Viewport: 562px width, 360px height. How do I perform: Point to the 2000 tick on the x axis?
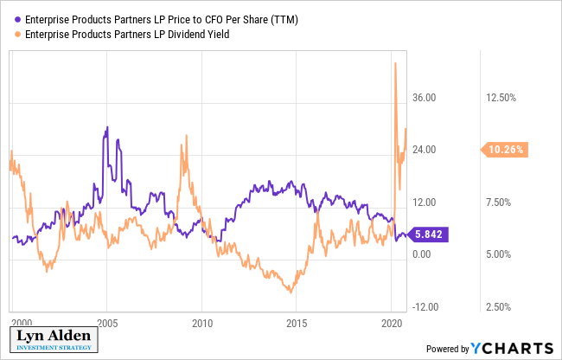pos(22,321)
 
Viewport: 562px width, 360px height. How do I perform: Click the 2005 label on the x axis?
pos(108,321)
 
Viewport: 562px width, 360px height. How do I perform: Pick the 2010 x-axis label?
pos(202,321)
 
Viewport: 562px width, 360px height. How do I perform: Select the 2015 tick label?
pos(297,321)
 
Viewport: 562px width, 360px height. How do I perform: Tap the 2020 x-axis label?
pos(391,321)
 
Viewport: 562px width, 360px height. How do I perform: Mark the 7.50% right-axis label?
pos(499,202)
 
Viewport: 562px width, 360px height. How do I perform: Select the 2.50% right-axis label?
pos(499,306)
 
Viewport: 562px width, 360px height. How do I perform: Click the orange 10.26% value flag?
pos(507,150)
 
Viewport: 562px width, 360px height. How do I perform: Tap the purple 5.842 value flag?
pos(430,235)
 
